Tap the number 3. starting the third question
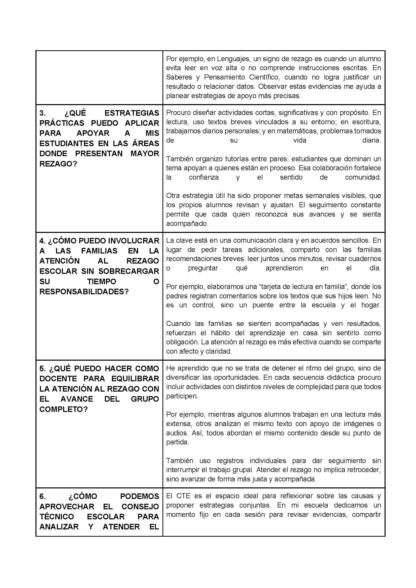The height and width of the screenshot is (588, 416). (43, 113)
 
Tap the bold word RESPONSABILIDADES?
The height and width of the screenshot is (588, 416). (84, 292)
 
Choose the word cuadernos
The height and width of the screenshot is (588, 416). (366, 259)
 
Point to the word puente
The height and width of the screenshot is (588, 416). (263, 305)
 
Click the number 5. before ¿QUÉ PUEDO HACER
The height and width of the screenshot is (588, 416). (43, 368)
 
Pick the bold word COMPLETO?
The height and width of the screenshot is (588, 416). (64, 409)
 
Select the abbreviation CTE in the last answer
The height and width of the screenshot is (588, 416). (183, 496)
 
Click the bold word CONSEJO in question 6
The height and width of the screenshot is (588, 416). (140, 507)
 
